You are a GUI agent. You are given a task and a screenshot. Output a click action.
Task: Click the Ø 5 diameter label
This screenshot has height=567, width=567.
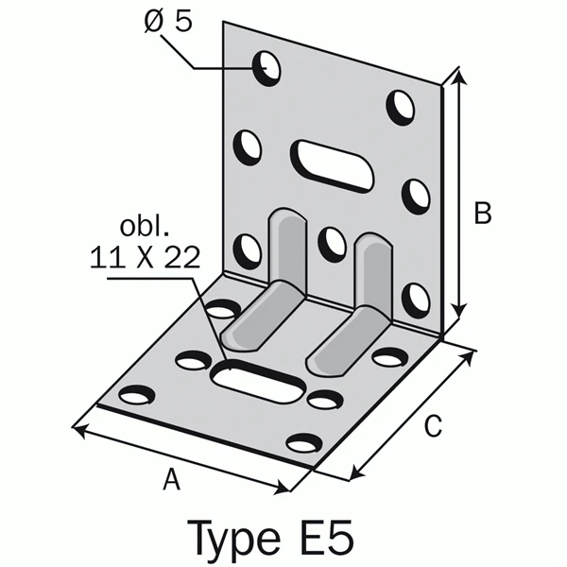click(167, 20)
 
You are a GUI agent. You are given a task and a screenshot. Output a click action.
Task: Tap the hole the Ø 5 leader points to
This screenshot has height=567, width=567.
click(266, 68)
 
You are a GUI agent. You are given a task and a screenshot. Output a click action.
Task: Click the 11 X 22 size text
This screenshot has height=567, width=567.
click(146, 257)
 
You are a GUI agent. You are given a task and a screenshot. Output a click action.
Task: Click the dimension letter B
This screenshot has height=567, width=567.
click(483, 215)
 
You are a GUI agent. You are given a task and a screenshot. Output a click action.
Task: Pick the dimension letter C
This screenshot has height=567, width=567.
click(431, 427)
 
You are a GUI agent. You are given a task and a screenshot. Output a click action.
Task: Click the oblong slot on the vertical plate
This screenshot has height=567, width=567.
click(331, 166)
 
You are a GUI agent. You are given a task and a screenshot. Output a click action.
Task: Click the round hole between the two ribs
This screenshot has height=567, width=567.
click(331, 243)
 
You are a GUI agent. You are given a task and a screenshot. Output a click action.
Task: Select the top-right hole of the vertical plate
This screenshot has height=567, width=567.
click(401, 106)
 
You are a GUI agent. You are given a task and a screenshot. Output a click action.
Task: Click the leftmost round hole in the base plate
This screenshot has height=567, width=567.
click(137, 395)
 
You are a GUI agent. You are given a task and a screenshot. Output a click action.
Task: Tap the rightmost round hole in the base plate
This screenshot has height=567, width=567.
click(389, 357)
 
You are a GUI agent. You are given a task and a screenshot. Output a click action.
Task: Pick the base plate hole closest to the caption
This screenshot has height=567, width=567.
click(304, 442)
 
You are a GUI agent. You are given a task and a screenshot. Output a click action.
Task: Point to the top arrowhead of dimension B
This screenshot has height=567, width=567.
click(459, 74)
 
